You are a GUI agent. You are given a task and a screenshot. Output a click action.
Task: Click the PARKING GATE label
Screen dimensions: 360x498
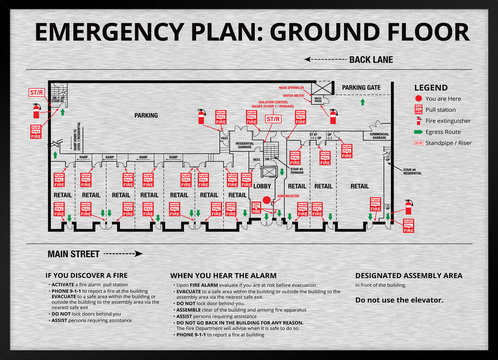click(x=361, y=88)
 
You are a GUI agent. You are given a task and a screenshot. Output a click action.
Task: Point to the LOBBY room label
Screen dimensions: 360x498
click(x=263, y=185)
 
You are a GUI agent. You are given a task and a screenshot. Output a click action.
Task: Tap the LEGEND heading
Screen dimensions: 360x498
click(x=431, y=88)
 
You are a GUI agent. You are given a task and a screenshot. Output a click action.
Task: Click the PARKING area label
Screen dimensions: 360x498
click(x=147, y=115)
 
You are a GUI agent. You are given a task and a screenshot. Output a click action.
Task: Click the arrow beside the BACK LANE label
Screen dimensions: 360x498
click(x=323, y=60)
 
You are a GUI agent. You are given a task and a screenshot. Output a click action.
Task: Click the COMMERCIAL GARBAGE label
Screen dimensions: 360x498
click(x=379, y=134)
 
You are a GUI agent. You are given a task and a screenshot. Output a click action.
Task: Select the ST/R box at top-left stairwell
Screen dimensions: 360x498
click(x=35, y=92)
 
